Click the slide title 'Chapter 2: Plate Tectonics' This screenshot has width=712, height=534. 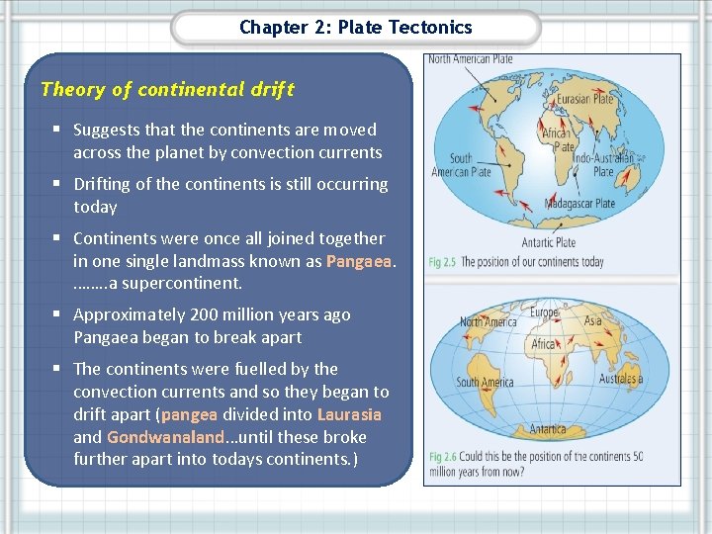(x=355, y=28)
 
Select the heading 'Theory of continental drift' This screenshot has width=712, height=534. (x=167, y=89)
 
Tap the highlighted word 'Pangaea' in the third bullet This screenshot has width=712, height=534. (x=359, y=261)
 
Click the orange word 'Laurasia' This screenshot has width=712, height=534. (x=349, y=414)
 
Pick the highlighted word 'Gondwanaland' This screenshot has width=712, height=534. (x=164, y=437)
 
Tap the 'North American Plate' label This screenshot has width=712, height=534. (x=470, y=59)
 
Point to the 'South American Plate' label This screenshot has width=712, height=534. (x=461, y=165)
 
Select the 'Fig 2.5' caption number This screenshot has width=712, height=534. (x=442, y=263)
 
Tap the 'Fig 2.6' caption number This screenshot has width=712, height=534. (x=442, y=457)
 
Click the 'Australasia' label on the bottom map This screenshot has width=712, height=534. (x=621, y=379)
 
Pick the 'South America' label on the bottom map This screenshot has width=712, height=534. (x=485, y=383)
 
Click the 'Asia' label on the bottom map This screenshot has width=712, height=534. (x=592, y=320)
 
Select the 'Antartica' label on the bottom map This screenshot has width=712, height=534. (x=547, y=429)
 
